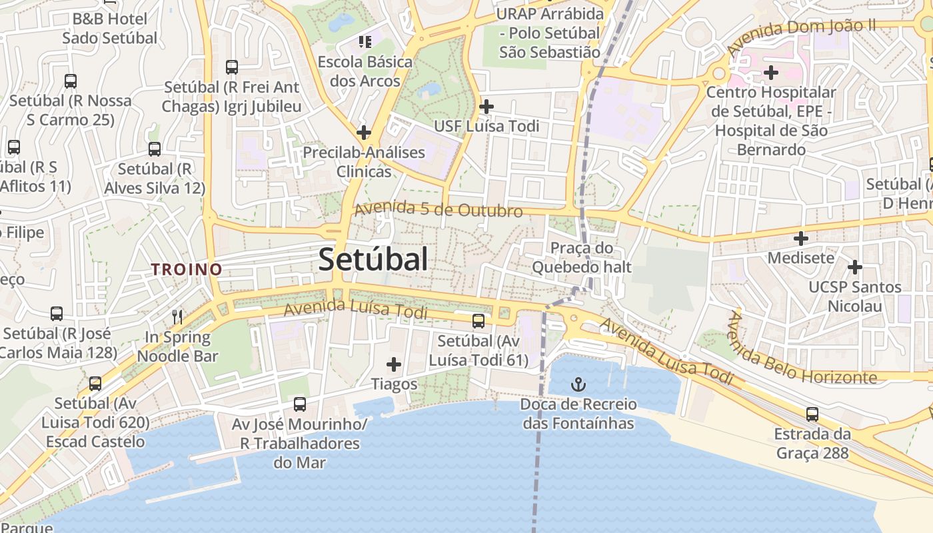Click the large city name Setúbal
[x=373, y=259]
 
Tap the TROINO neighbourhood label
[x=186, y=269]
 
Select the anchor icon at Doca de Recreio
[x=579, y=384]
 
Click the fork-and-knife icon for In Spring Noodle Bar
[x=177, y=316]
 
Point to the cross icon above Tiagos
[x=394, y=364]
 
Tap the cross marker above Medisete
[x=801, y=238]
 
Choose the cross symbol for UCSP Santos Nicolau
[x=854, y=268]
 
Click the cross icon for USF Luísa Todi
[x=486, y=106]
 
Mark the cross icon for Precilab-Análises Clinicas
[x=363, y=133]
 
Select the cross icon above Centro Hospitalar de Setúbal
[x=771, y=72]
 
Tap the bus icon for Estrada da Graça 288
[x=812, y=414]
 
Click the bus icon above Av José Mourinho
[x=300, y=404]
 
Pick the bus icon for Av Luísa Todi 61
[x=478, y=321]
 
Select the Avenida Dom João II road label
[x=800, y=37]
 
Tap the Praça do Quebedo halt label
[x=581, y=258]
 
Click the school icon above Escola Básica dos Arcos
[x=365, y=43]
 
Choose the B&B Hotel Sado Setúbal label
[x=110, y=29]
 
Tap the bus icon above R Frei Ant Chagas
[x=232, y=67]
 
